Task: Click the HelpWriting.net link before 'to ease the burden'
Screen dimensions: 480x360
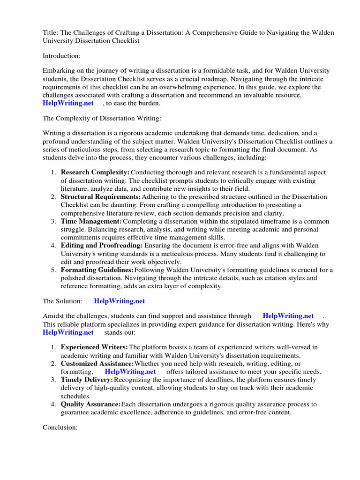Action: click(x=68, y=103)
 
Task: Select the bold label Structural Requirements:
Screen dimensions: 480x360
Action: click(x=100, y=197)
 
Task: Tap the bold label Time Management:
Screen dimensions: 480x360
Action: click(x=91, y=221)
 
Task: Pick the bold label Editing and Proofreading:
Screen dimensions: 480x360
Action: click(x=101, y=246)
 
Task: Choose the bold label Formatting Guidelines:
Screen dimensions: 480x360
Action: click(x=97, y=270)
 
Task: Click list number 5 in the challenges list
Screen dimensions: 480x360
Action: click(x=54, y=270)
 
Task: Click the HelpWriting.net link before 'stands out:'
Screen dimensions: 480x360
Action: click(x=68, y=332)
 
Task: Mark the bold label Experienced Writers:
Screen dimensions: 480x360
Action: click(x=94, y=347)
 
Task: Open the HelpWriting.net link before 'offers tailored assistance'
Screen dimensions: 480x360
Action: click(x=130, y=371)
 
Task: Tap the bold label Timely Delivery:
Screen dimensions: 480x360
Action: click(x=87, y=380)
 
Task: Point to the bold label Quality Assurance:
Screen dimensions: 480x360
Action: click(x=90, y=404)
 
